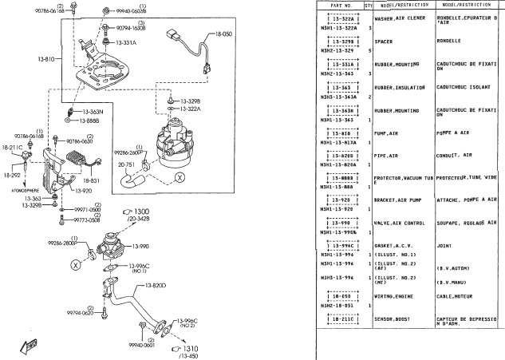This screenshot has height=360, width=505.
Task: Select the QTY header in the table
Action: [368, 5]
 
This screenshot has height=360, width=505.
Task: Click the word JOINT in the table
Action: [445, 246]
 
